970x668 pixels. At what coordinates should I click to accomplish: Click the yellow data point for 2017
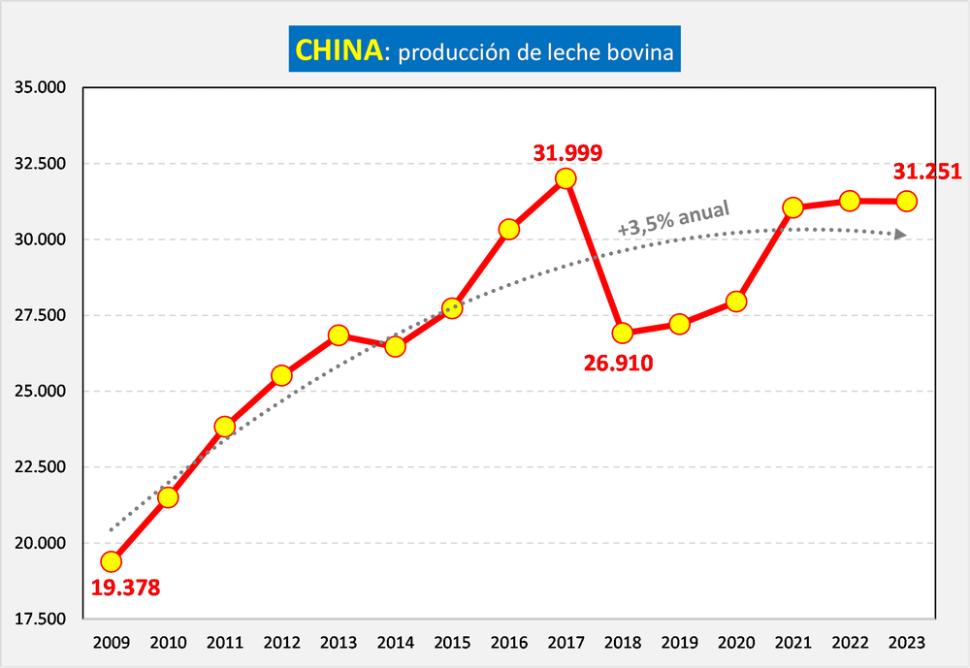(x=566, y=178)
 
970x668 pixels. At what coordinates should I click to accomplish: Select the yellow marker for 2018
(x=623, y=333)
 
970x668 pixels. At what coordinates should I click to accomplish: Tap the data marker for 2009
(x=112, y=561)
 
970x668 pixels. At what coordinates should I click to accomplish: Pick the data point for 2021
(x=793, y=207)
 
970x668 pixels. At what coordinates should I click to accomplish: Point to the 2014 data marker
(x=395, y=346)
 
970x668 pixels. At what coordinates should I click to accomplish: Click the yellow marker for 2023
(x=907, y=201)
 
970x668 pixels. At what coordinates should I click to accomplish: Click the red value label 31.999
(x=567, y=152)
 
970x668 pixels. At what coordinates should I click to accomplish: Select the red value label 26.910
(x=619, y=364)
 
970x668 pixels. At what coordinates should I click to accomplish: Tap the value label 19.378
(x=125, y=588)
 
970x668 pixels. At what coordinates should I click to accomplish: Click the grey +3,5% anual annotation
(x=672, y=219)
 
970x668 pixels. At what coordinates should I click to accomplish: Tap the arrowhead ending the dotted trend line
(x=902, y=235)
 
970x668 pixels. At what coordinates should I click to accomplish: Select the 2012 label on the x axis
(x=281, y=642)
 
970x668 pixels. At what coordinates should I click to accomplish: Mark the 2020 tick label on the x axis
(x=736, y=642)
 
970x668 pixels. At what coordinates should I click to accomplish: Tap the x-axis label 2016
(x=509, y=642)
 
